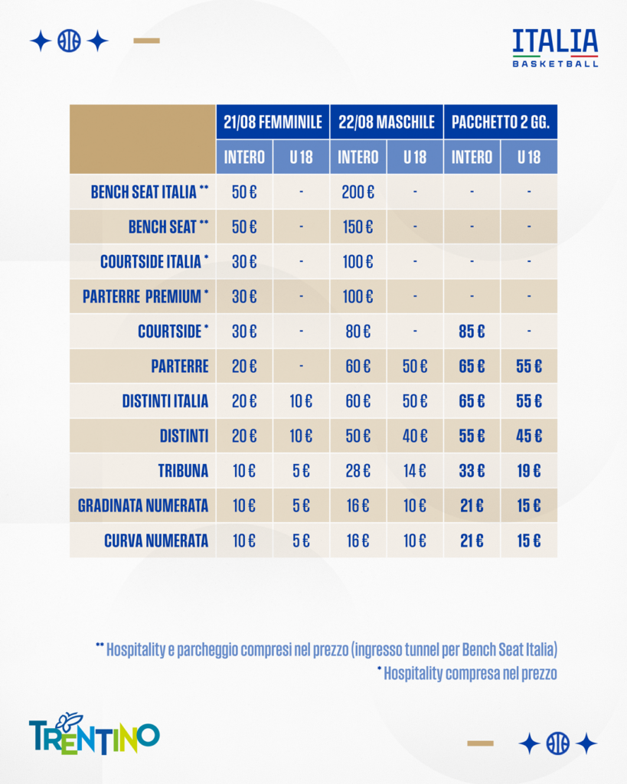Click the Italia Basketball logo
tap(555, 48)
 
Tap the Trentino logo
tap(94, 733)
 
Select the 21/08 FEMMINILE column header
tap(273, 122)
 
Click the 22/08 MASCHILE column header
tap(387, 122)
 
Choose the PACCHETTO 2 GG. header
tap(501, 122)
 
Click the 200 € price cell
tap(358, 192)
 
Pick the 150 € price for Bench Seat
tap(358, 227)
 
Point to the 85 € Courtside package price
tap(472, 332)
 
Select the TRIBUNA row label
tap(183, 471)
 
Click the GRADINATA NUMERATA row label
tap(143, 506)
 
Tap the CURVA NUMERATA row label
tap(156, 541)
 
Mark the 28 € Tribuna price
tap(358, 471)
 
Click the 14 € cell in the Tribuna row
tap(415, 471)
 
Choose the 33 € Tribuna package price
tap(472, 471)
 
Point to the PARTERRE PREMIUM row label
tap(145, 296)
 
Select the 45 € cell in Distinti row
tap(529, 436)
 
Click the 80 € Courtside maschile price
tap(358, 332)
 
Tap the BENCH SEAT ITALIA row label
tap(149, 192)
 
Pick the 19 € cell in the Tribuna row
tap(529, 471)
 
